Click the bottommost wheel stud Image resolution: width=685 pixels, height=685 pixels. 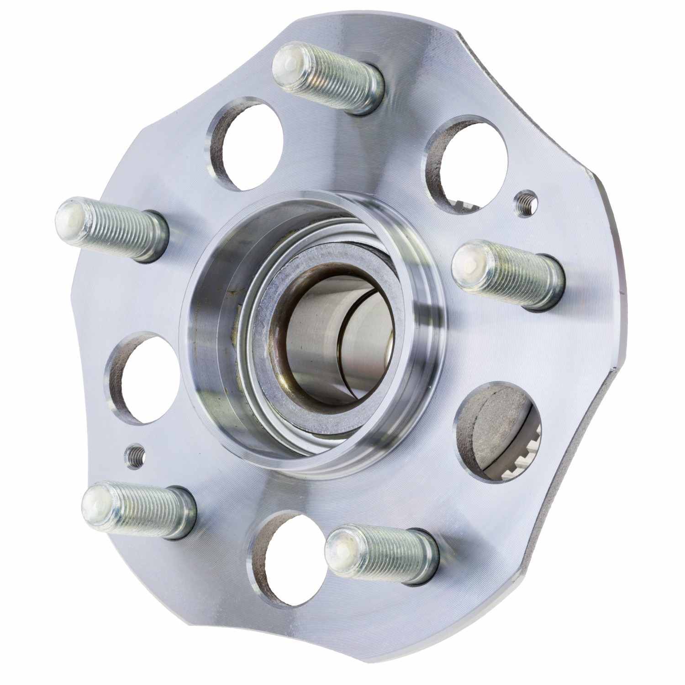click(x=384, y=555)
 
